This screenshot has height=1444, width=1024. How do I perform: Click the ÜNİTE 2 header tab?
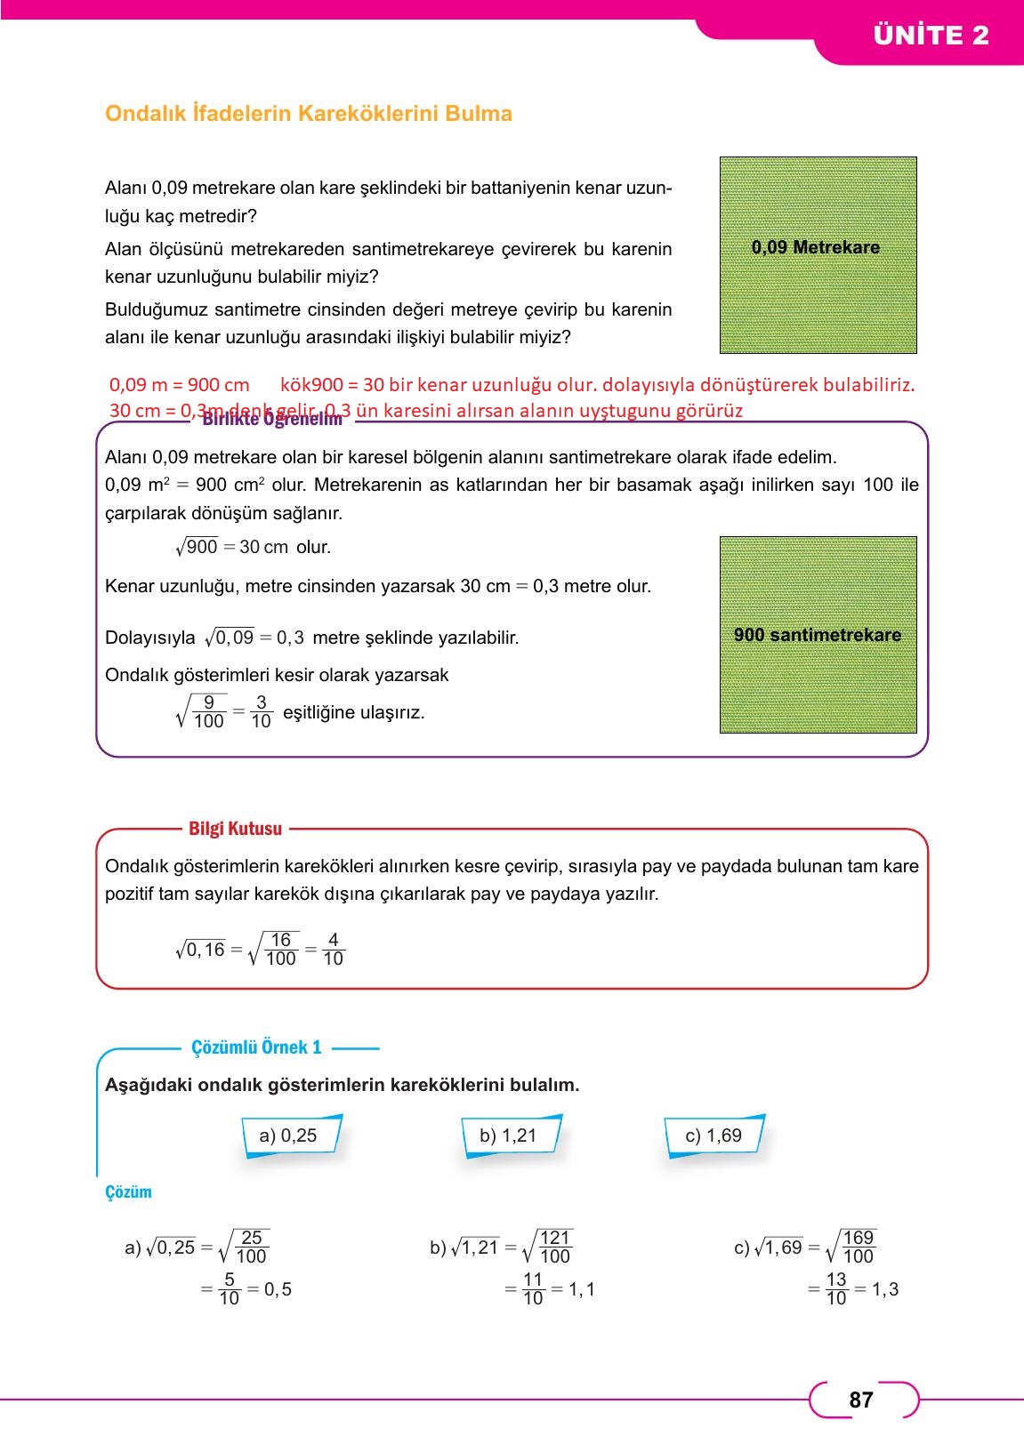pyautogui.click(x=931, y=36)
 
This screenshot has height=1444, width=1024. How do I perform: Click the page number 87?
pyautogui.click(x=860, y=1400)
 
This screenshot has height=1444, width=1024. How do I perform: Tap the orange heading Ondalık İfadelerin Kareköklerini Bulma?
pyautogui.click(x=309, y=114)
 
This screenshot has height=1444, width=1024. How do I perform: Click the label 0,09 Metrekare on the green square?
pyautogui.click(x=816, y=248)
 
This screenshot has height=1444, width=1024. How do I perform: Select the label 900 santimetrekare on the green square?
pyautogui.click(x=818, y=635)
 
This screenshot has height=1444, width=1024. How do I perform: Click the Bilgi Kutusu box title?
pyautogui.click(x=235, y=829)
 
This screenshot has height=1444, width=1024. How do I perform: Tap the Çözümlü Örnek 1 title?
pyautogui.click(x=256, y=1047)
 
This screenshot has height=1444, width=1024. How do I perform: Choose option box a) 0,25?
pyautogui.click(x=288, y=1135)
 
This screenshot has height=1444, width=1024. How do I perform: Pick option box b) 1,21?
pyautogui.click(x=508, y=1135)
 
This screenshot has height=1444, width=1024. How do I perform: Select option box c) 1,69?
pyautogui.click(x=713, y=1135)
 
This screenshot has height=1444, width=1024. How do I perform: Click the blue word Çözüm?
pyautogui.click(x=128, y=1192)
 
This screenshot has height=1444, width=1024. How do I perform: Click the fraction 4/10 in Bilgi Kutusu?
pyautogui.click(x=333, y=949)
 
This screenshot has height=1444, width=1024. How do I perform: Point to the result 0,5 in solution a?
pyautogui.click(x=278, y=1289)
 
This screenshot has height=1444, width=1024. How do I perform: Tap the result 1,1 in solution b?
pyautogui.click(x=581, y=1289)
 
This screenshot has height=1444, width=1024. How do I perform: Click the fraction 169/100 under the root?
pyautogui.click(x=858, y=1247)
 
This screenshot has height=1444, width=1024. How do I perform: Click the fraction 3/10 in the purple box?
pyautogui.click(x=261, y=712)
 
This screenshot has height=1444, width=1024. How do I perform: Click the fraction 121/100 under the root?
pyautogui.click(x=554, y=1247)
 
